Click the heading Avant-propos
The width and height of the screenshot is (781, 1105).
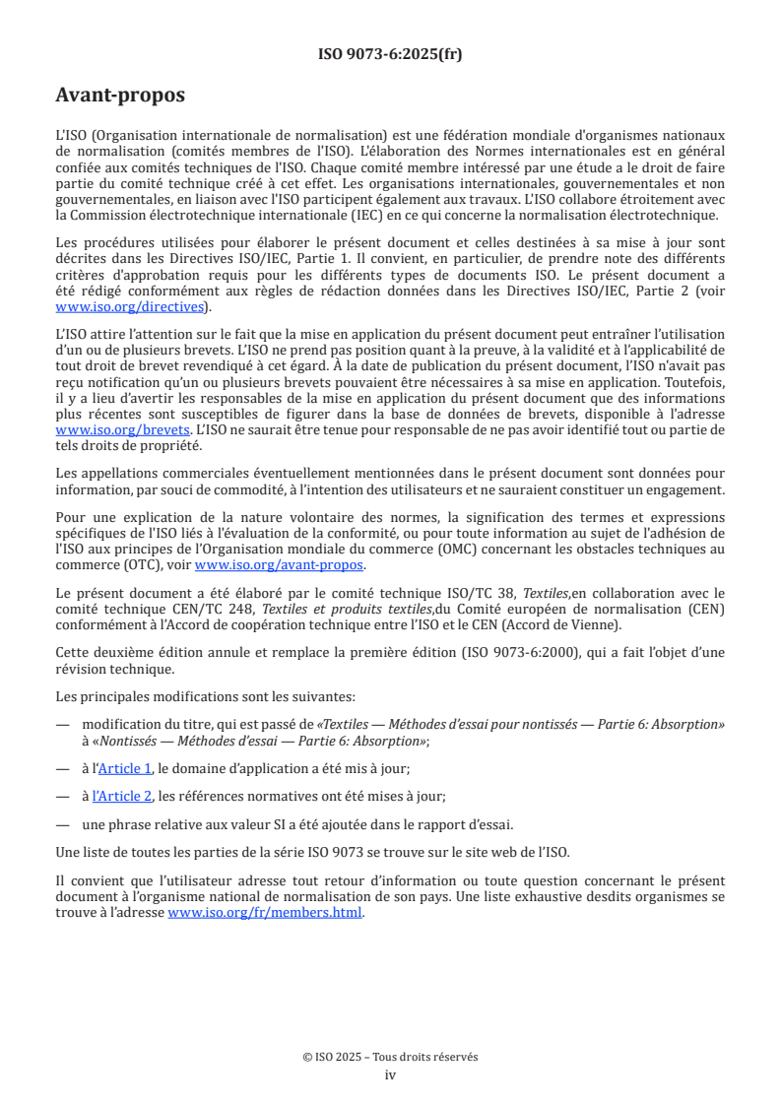point(120,96)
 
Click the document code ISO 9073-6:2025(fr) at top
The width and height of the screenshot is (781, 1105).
point(390,54)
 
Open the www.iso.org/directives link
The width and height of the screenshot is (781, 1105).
point(132,306)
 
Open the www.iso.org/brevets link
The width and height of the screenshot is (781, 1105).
point(122,430)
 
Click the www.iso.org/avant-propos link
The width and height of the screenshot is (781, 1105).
point(279,564)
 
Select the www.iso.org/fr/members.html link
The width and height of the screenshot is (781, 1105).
point(265,912)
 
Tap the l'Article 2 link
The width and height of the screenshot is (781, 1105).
point(122,796)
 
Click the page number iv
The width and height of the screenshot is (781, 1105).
point(390,1074)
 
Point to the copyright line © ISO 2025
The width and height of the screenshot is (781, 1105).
point(390,1057)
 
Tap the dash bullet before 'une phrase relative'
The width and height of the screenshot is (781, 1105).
point(62,824)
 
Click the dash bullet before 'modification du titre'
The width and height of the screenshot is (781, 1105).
point(62,724)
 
